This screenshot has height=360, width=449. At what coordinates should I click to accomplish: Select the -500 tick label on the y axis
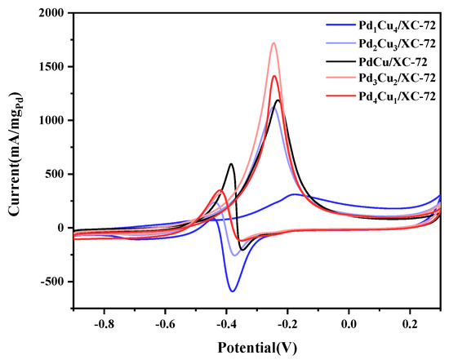tap(49, 282)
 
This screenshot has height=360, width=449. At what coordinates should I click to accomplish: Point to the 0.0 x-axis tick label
tap(349, 322)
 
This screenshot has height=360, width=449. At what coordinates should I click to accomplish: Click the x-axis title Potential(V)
tap(257, 346)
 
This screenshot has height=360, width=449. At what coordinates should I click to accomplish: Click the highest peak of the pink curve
tap(273, 43)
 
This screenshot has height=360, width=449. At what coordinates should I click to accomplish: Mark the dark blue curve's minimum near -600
tap(233, 291)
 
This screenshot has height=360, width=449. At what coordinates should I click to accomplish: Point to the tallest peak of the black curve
tap(278, 100)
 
